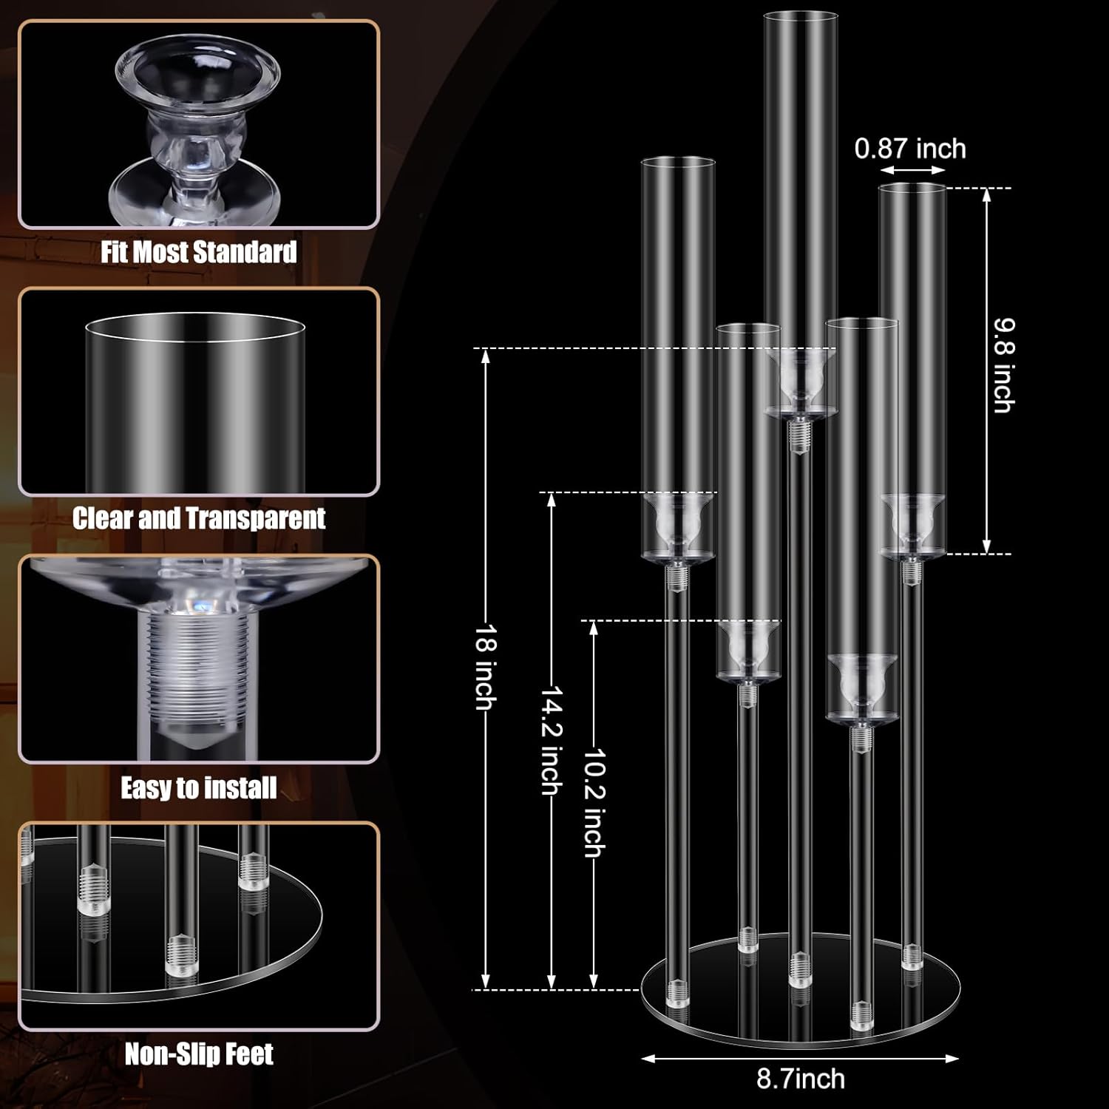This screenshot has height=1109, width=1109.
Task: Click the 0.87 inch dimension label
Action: click(x=910, y=149)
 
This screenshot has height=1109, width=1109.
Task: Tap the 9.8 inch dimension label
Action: click(x=1003, y=365)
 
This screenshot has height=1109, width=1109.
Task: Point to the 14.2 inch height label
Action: click(x=551, y=740)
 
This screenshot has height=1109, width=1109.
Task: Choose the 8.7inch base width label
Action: click(x=800, y=1079)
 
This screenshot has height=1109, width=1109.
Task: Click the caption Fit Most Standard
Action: click(x=199, y=252)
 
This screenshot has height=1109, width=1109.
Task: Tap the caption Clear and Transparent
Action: click(x=199, y=518)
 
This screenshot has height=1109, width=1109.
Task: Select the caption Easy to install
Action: click(x=199, y=788)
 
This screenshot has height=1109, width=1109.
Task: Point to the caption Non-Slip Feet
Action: click(x=199, y=1054)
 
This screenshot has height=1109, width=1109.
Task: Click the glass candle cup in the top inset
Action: click(x=198, y=126)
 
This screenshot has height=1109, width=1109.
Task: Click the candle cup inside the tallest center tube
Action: click(x=800, y=381)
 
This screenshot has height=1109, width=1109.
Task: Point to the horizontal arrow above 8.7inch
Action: click(x=800, y=1058)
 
